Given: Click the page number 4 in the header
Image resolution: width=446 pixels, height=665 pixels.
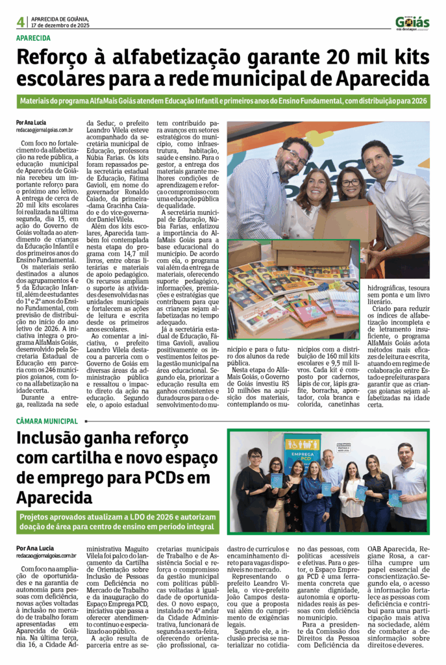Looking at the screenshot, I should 21,21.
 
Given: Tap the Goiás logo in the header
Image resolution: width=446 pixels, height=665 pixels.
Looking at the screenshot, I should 412,23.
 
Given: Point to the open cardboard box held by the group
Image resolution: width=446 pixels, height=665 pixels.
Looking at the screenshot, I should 344,221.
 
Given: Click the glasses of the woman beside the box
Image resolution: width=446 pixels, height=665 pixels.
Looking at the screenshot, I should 351,182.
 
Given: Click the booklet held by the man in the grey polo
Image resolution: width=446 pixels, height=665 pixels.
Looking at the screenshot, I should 395,497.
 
